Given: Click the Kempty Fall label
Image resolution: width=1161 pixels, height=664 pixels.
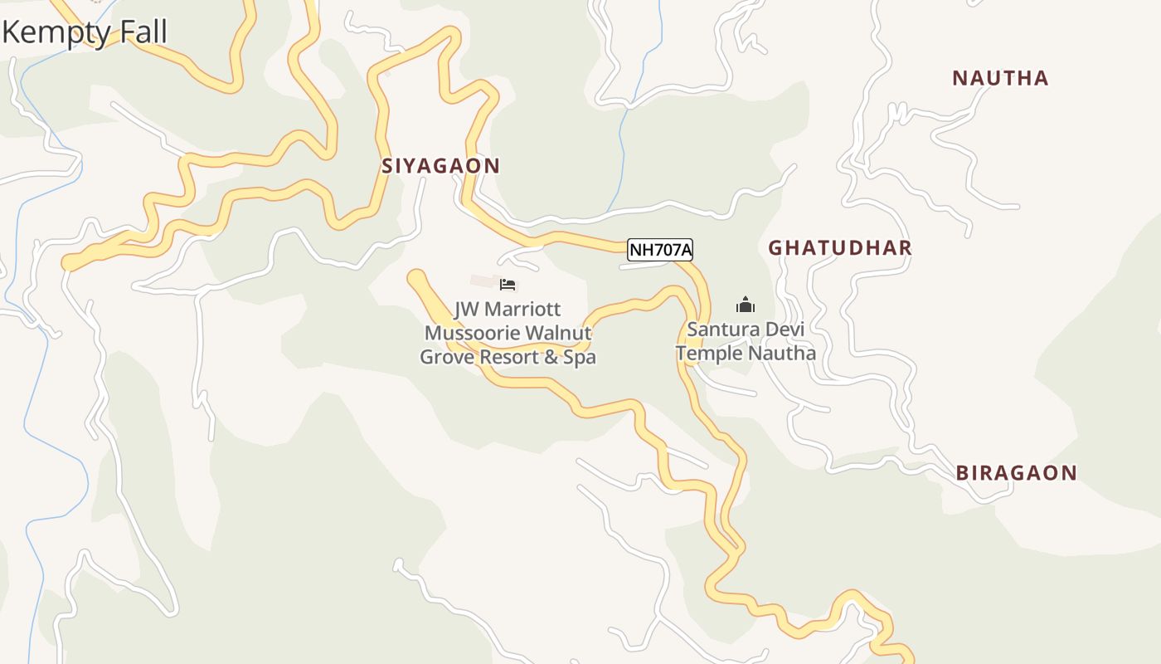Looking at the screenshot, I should [85, 32].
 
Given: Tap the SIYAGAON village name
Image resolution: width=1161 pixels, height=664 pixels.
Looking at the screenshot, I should [440, 166].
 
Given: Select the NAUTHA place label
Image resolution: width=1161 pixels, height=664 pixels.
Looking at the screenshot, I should [1000, 79].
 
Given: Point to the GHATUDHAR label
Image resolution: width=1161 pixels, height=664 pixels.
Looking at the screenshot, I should [839, 247].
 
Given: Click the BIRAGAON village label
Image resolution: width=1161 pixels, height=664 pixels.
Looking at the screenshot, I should [1016, 473].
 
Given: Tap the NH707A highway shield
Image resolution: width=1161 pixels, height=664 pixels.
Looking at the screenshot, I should [660, 249].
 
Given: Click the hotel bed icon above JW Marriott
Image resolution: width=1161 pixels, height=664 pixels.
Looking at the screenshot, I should [508, 285].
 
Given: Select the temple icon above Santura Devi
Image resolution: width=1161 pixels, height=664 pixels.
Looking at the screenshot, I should [746, 305].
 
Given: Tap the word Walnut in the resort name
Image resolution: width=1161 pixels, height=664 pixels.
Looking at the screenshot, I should [559, 334].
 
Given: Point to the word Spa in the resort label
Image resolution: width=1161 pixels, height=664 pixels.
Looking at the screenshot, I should [580, 358].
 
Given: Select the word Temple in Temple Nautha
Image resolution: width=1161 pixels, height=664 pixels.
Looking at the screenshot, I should [709, 354].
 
